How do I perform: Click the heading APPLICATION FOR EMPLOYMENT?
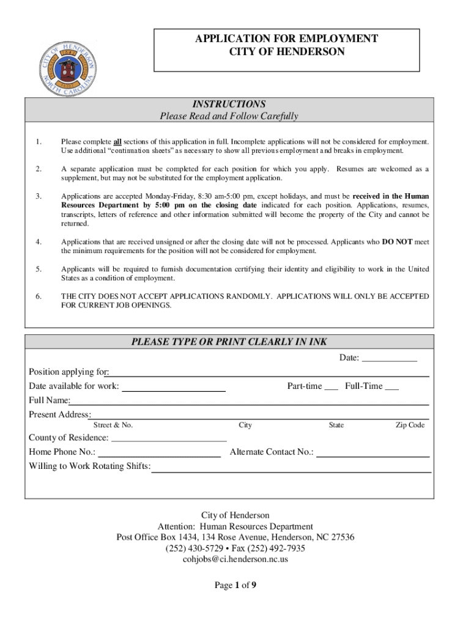click(286, 39)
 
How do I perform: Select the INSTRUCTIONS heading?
click(229, 104)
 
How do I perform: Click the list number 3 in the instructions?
click(39, 196)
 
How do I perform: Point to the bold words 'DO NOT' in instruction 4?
click(396, 241)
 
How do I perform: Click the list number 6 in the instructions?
click(39, 296)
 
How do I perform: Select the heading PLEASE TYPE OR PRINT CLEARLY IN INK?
click(229, 342)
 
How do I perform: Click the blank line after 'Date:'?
click(390, 358)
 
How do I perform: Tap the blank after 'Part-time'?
click(331, 386)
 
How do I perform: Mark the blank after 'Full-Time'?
click(392, 386)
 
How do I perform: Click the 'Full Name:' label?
click(50, 400)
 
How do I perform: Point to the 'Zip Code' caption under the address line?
click(410, 425)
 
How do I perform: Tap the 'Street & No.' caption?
click(113, 425)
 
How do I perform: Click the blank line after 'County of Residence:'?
click(169, 438)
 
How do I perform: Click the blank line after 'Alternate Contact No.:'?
click(373, 453)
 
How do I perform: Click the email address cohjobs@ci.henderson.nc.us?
click(236, 559)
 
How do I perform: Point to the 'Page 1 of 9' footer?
click(236, 586)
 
